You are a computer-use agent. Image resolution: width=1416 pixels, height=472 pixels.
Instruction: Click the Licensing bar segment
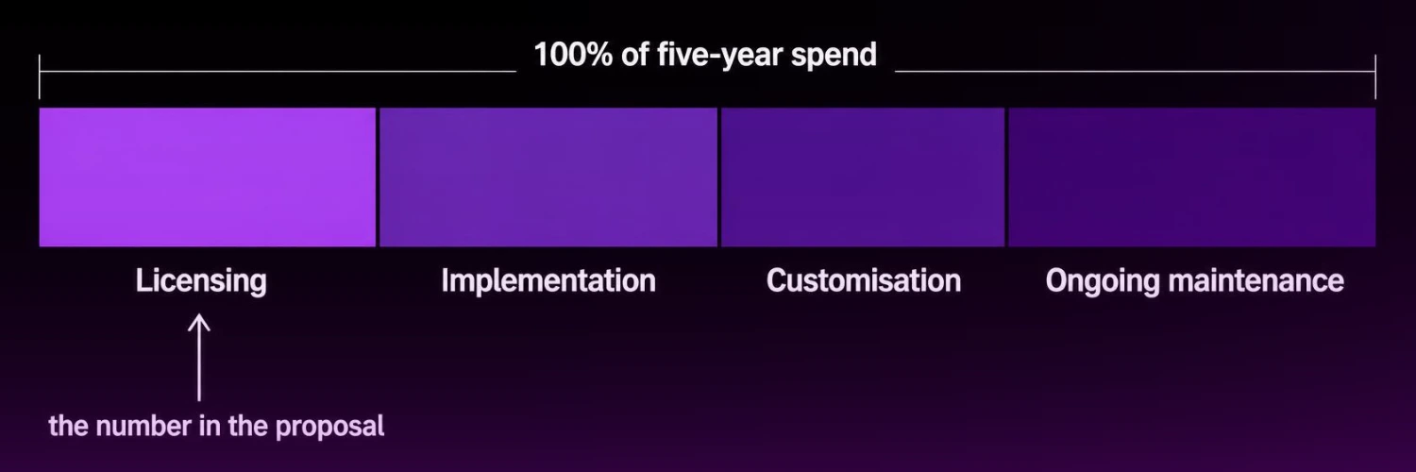(x=208, y=177)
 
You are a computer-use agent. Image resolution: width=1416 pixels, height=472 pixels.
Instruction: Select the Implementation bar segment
(x=548, y=177)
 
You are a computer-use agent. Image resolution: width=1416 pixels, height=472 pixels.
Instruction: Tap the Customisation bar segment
(x=863, y=177)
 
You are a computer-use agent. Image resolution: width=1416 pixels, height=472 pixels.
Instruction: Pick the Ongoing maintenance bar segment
(x=1192, y=177)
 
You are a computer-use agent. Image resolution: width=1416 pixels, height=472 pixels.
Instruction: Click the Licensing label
(x=201, y=281)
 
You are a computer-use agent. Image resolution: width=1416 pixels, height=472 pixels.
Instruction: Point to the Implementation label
(x=548, y=280)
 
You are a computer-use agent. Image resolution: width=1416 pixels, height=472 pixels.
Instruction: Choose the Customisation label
(x=864, y=280)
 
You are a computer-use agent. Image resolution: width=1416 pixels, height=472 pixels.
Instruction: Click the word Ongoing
(x=1102, y=281)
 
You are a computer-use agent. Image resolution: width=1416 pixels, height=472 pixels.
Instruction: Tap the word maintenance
(x=1256, y=280)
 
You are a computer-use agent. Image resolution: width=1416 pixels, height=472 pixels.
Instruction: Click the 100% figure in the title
(x=573, y=55)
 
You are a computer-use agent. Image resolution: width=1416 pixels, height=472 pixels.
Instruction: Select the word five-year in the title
(x=720, y=55)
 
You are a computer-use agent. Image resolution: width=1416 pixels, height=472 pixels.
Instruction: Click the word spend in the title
(x=834, y=56)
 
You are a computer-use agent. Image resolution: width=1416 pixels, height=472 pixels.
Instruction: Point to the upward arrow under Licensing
(x=199, y=358)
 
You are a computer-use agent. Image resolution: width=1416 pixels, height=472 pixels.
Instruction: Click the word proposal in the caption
(x=330, y=427)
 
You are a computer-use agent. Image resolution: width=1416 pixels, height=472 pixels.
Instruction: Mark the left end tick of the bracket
(x=40, y=76)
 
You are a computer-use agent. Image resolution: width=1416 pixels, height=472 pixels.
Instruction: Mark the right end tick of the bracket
(x=1375, y=76)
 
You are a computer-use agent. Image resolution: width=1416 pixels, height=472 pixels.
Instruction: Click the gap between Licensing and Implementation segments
(x=378, y=177)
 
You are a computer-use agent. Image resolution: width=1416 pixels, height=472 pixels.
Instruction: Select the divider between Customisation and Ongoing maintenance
(x=1006, y=177)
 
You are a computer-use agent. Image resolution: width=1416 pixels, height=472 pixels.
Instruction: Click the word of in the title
(x=634, y=55)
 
